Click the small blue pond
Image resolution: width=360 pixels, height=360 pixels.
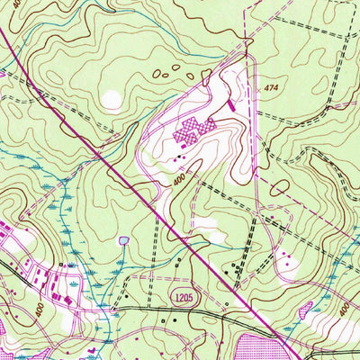[x=122, y=240]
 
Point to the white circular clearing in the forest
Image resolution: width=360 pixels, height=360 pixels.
[x=112, y=99]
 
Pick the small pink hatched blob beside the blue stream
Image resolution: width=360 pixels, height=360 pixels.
[x=306, y=311]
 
